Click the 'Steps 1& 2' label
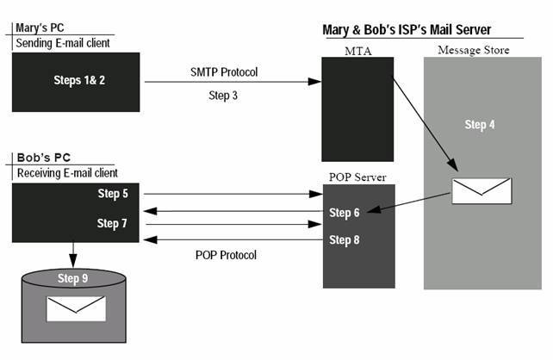[x=79, y=80]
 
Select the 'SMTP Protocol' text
[x=224, y=72]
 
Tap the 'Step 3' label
[x=223, y=96]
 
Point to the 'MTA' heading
[x=358, y=51]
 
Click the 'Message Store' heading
[x=474, y=50]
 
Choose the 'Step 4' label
[x=480, y=125]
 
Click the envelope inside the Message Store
[x=482, y=191]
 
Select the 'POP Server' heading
[x=357, y=177]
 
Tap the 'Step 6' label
[x=345, y=213]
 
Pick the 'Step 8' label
[x=345, y=239]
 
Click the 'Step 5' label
[x=113, y=194]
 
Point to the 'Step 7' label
[x=112, y=223]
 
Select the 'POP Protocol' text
[x=226, y=255]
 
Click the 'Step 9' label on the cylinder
[x=72, y=278]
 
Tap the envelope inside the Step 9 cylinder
[x=76, y=309]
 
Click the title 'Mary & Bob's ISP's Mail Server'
[x=407, y=30]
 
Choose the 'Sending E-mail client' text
[x=63, y=43]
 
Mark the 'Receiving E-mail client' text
[x=67, y=173]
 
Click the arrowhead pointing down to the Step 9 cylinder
[x=73, y=261]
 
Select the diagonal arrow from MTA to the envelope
[x=426, y=125]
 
